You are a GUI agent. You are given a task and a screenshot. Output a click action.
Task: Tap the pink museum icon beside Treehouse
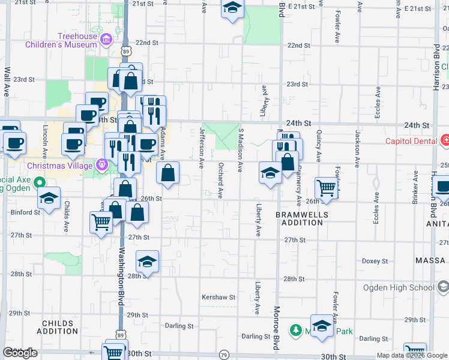pos(107,40)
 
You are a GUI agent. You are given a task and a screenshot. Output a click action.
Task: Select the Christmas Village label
pos(59,165)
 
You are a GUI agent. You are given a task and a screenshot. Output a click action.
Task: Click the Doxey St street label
pos(377,261)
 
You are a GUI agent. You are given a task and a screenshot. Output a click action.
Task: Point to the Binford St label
pos(22,212)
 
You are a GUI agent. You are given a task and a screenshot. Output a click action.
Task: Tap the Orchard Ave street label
pos(221,181)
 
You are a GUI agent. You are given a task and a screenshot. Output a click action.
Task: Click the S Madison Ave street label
pos(241,147)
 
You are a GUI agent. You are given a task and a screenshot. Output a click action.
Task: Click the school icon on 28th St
pos(146,261)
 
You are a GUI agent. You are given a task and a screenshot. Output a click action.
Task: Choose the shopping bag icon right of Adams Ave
pos(167,173)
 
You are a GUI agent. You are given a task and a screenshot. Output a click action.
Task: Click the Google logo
pos(20,353)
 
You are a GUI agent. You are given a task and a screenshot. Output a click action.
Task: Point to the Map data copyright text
pos(411,355)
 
